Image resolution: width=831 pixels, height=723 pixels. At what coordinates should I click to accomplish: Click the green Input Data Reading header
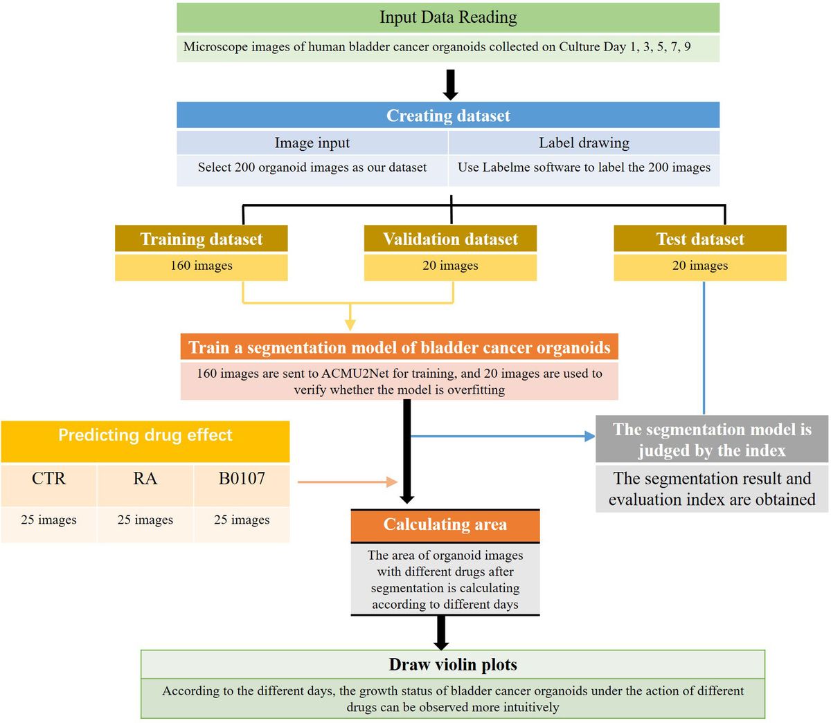tap(448, 17)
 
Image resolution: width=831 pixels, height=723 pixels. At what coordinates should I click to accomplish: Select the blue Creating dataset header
tap(448, 116)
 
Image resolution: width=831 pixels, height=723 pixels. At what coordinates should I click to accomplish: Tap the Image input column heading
tap(312, 143)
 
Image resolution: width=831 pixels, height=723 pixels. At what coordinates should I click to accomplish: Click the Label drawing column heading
tap(584, 143)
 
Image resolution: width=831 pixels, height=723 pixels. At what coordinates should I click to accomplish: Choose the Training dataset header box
tap(201, 239)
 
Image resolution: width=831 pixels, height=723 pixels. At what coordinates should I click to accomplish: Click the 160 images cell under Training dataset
tap(201, 266)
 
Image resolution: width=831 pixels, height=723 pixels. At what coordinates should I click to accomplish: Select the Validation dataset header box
tap(450, 239)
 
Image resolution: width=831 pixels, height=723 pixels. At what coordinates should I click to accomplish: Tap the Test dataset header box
tap(699, 239)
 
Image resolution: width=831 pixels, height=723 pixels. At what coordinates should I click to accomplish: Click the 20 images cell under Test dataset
tap(699, 266)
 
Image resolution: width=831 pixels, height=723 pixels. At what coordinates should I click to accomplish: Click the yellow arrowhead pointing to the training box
tap(350, 324)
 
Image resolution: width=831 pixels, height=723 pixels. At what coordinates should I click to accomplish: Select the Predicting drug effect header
tap(145, 435)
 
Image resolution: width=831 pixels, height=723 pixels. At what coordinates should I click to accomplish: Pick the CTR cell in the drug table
tap(48, 479)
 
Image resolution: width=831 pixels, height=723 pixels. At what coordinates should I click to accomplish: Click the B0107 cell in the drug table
tap(242, 479)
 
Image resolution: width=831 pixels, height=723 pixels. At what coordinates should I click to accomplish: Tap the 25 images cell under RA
tap(145, 520)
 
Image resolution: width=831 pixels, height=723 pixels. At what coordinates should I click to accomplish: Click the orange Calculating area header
tap(445, 525)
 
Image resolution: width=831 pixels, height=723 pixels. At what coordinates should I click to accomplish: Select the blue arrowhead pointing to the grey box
tap(589, 436)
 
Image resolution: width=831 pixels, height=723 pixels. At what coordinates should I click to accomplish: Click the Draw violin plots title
tap(453, 665)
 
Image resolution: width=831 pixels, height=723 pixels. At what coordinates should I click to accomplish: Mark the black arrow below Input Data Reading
tap(450, 84)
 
